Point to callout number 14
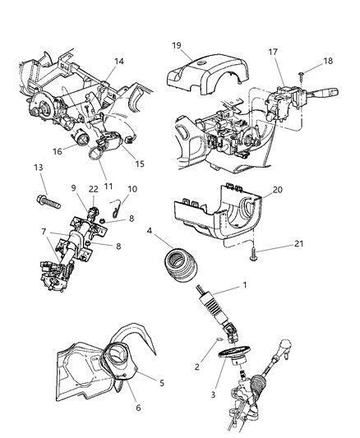pyautogui.click(x=119, y=61)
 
